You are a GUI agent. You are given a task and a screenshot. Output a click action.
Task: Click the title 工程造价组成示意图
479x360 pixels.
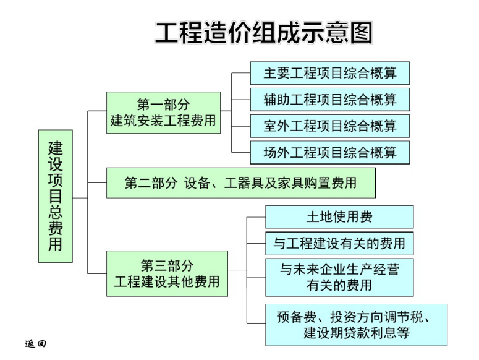[x=264, y=32]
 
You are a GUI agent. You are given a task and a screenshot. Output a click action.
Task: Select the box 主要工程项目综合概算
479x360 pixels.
[x=330, y=73]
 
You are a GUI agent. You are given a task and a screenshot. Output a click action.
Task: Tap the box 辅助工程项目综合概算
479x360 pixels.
[x=330, y=100]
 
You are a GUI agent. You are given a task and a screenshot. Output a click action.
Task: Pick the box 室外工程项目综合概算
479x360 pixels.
[x=330, y=126]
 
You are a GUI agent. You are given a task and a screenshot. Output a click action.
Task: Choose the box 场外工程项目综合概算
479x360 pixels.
[x=330, y=153]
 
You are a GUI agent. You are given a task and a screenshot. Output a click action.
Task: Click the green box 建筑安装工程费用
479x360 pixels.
[x=163, y=113]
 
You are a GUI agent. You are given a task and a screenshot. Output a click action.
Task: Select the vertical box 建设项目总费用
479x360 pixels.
[x=56, y=196]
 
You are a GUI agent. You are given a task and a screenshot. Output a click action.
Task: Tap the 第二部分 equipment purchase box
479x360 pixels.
[x=240, y=182]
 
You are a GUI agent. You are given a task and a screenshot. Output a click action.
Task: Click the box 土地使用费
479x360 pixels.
[x=339, y=217]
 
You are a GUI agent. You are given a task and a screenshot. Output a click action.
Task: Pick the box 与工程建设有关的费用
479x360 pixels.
[x=339, y=244]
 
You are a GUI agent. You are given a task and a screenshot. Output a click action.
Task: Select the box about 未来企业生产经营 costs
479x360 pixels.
[x=339, y=278]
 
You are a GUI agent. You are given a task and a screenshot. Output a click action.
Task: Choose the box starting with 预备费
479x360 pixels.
[x=356, y=325]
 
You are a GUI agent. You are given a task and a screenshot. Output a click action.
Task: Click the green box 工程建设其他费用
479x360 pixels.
[x=167, y=273]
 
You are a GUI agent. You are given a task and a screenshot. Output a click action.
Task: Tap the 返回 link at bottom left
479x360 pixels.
[x=36, y=344]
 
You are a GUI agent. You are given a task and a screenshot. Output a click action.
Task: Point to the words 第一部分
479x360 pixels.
[x=163, y=105]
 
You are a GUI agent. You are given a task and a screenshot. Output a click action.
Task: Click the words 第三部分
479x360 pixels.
[x=167, y=265]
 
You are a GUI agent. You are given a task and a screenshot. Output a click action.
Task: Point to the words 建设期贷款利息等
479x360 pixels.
[x=357, y=333]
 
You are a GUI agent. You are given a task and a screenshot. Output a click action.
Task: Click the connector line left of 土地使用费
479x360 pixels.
[x=256, y=217]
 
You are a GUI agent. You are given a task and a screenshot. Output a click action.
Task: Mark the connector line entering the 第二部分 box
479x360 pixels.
[x=97, y=183]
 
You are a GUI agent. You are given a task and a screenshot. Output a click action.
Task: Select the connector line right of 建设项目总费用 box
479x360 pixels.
[x=80, y=198]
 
